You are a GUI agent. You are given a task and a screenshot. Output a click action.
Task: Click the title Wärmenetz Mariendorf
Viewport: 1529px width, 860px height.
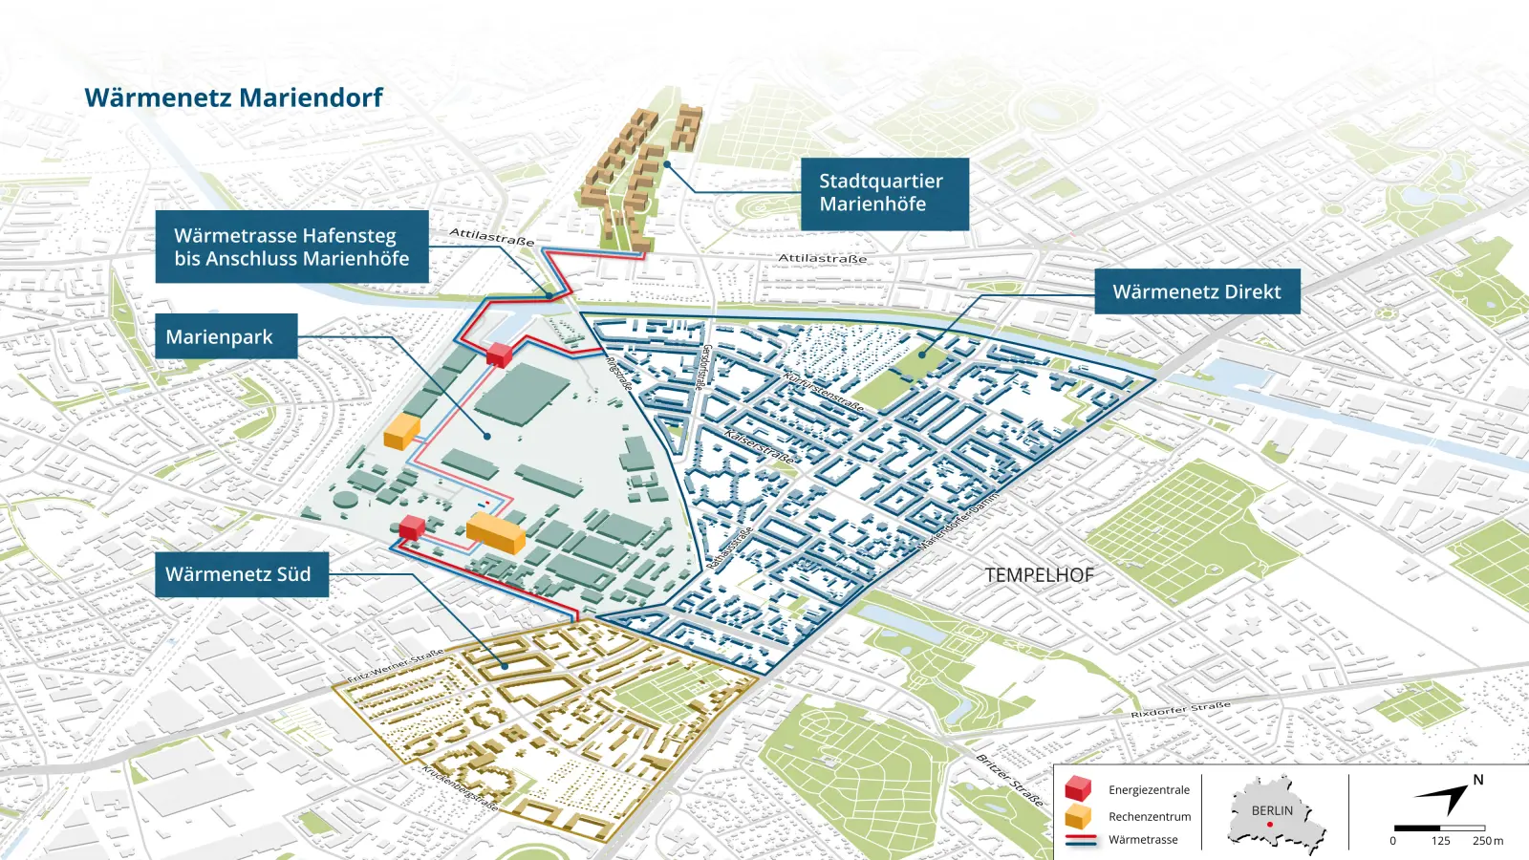coord(233,97)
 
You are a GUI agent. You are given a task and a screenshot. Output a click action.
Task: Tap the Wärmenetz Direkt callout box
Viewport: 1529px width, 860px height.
coord(1196,291)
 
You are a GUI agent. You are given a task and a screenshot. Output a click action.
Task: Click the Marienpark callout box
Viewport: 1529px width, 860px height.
coord(226,336)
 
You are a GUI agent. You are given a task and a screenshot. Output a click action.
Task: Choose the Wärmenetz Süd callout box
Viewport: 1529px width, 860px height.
coord(241,574)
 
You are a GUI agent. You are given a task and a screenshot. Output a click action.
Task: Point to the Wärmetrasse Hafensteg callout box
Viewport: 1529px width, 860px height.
coord(291,247)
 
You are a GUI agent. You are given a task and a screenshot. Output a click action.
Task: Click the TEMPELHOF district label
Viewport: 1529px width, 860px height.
coord(1039,575)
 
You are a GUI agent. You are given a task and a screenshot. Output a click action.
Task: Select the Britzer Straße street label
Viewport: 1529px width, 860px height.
coord(1009,780)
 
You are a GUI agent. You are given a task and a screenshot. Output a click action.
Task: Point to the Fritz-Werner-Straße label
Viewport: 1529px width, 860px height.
coord(395,666)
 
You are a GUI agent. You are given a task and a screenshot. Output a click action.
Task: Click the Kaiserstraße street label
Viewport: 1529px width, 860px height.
coord(760,447)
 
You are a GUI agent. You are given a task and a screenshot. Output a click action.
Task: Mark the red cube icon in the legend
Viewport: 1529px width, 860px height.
coord(1078,788)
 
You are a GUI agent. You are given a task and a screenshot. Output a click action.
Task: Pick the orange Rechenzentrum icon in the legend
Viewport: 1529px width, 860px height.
coord(1078,816)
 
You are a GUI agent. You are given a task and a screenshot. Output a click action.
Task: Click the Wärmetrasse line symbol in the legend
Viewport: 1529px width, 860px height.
coord(1080,840)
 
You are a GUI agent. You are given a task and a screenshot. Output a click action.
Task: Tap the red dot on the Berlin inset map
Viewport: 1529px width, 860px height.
coord(1270,824)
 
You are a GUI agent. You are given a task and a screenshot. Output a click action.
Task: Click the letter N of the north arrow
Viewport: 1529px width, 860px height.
coord(1477,780)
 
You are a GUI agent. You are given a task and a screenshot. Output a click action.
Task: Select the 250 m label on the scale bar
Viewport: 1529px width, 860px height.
coord(1487,841)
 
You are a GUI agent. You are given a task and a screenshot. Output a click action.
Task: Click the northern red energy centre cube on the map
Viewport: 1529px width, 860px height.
coord(499,355)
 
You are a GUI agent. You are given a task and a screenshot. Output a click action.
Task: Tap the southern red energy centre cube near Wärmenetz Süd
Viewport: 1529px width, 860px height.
coord(412,527)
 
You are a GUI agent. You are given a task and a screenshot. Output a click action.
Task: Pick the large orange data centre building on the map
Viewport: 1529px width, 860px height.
coord(496,532)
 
